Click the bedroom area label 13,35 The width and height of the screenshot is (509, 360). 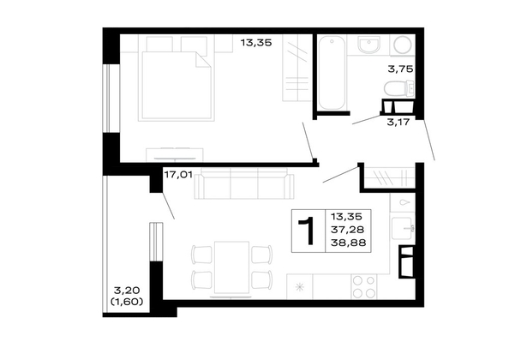point(256,43)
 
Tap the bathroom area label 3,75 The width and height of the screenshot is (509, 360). point(400,69)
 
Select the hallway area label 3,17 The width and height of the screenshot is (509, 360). point(398,123)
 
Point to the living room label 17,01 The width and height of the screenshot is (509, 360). point(178,175)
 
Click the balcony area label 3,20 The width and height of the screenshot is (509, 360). point(127,290)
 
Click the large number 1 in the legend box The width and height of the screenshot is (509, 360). point(307,231)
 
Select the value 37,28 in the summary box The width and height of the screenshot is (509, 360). point(347,230)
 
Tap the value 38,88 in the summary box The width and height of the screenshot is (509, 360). point(348,243)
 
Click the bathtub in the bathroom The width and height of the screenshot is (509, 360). point(332,73)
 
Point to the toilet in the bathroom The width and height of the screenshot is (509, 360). point(399,88)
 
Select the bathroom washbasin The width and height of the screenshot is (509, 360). point(368,45)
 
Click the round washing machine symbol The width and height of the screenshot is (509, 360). point(403,44)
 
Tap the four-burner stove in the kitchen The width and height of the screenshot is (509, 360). point(364,286)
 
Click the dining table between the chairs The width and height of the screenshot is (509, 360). point(231,267)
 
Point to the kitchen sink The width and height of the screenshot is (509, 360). point(403,228)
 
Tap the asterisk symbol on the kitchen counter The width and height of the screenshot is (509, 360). point(300,287)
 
